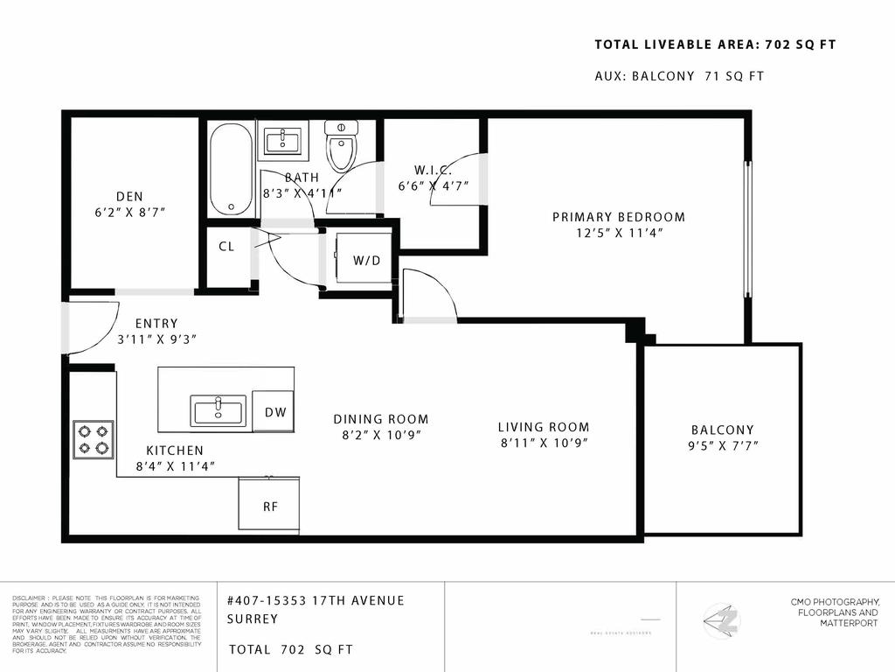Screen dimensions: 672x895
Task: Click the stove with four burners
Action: click(93, 440)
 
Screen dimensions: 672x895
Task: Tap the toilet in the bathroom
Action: click(341, 147)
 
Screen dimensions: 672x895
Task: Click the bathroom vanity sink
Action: click(282, 141)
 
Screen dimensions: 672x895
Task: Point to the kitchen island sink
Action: click(219, 411)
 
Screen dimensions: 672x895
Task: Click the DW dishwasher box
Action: click(274, 412)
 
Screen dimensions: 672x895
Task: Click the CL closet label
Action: click(226, 247)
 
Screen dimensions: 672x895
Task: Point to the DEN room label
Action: click(128, 197)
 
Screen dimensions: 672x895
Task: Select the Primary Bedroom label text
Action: click(618, 217)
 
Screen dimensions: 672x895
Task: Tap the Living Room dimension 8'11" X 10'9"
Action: click(544, 443)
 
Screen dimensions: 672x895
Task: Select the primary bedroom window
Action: click(747, 229)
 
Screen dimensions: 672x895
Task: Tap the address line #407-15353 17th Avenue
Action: click(315, 600)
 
